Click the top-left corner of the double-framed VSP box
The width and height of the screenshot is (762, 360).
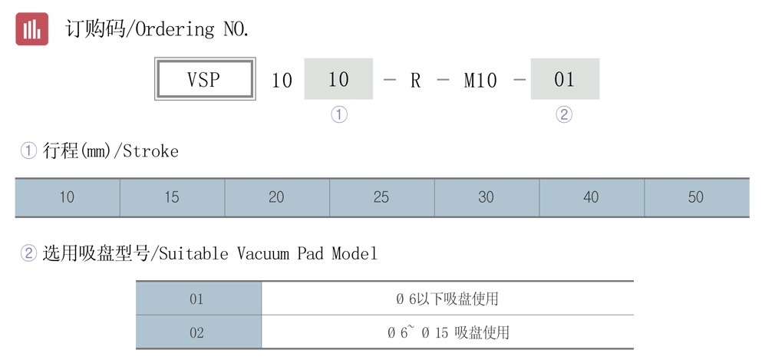click(155, 58)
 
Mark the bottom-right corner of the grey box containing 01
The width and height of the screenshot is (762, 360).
click(599, 99)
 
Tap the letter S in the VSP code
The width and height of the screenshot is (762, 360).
click(203, 80)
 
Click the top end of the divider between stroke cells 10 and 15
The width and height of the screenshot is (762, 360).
click(120, 179)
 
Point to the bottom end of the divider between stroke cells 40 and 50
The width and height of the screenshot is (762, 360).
click(645, 216)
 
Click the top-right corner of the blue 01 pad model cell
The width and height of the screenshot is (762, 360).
click(262, 282)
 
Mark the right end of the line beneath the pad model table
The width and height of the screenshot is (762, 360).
click(634, 348)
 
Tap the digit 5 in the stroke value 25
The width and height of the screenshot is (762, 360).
click(385, 197)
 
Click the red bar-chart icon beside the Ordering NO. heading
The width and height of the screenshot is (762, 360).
click(31, 28)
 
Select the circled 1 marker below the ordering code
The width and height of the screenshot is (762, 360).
click(339, 114)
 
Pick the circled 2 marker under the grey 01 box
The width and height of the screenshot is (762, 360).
click(564, 114)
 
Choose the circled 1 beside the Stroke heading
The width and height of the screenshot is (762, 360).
click(28, 150)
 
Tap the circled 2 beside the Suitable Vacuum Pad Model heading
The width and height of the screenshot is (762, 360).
click(28, 253)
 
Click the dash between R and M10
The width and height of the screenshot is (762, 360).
click(443, 80)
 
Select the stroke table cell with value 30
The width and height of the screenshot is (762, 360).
click(487, 197)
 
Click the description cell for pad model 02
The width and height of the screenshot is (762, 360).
click(447, 332)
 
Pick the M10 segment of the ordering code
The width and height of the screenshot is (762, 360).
click(480, 80)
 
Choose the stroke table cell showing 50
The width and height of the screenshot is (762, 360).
click(697, 197)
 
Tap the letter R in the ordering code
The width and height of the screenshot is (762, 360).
click(415, 80)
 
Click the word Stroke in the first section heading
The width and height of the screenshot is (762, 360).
click(150, 151)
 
